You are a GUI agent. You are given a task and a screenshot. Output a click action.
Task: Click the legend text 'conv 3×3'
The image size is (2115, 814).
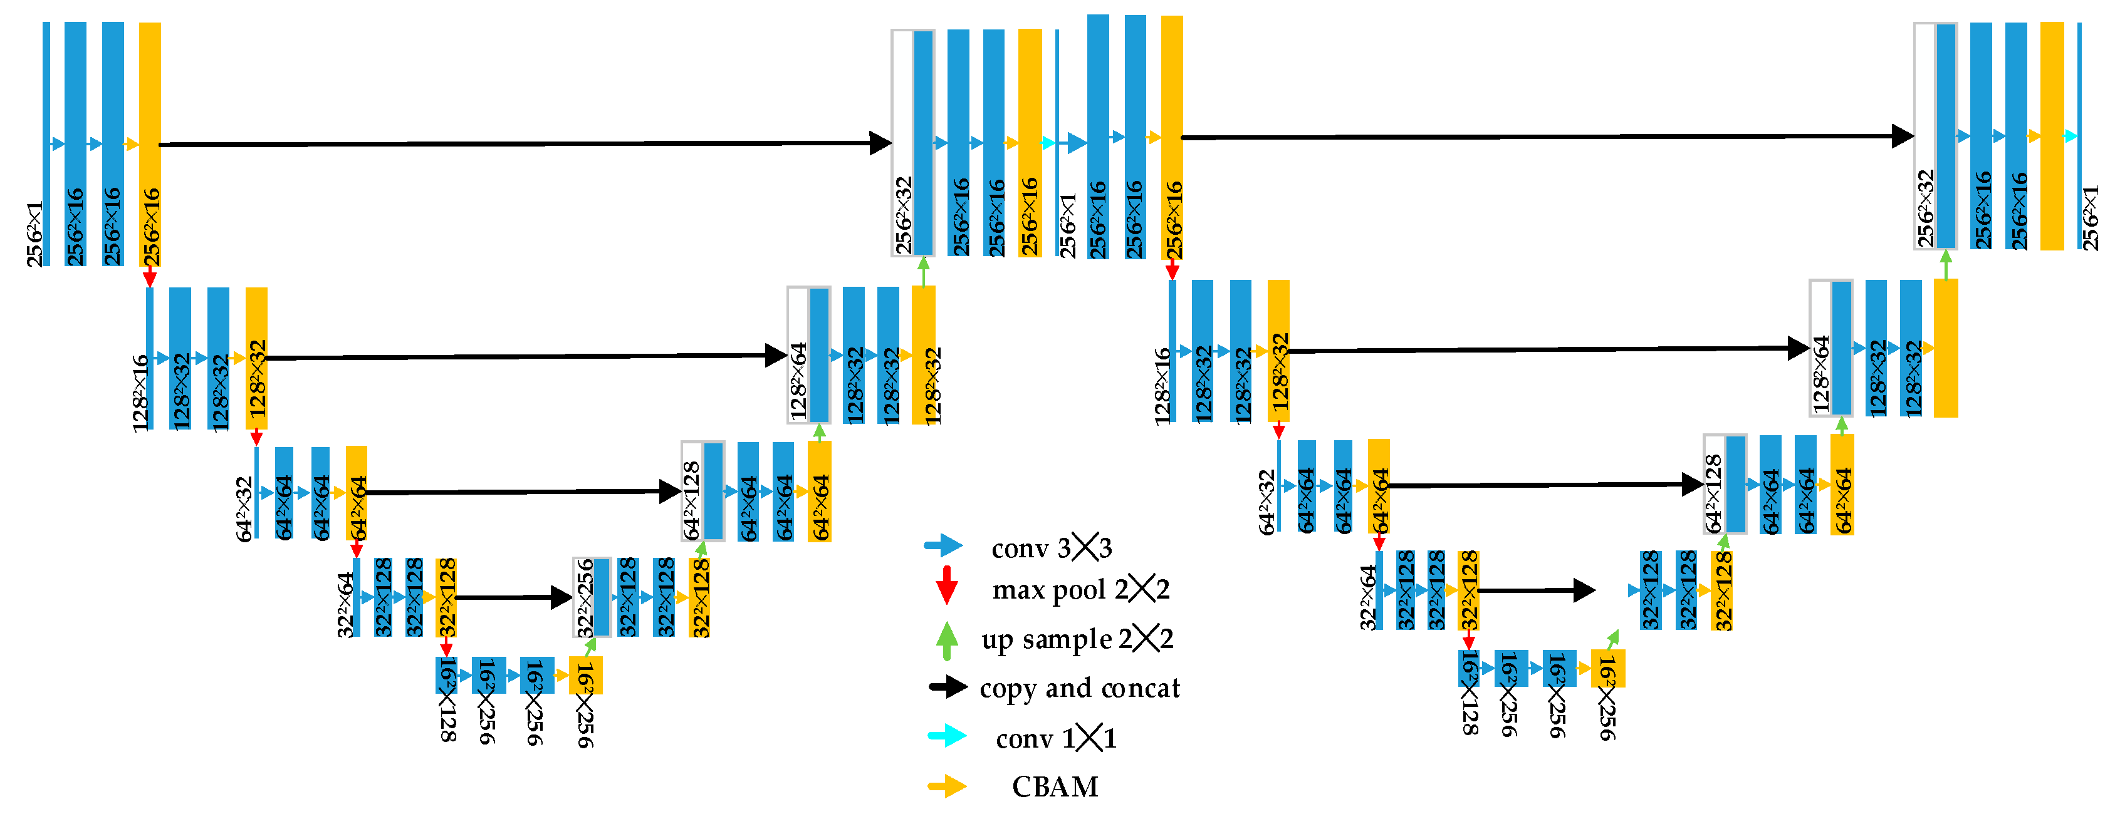[1050, 547]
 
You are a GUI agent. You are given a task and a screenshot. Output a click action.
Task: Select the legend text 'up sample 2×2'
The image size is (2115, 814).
[1077, 639]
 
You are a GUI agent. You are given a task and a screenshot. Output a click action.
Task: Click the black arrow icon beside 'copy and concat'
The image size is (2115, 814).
[948, 687]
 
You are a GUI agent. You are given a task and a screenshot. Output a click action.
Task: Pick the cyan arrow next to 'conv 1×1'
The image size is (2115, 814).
[947, 736]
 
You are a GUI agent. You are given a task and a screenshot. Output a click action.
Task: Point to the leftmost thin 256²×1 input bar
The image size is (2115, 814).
[47, 143]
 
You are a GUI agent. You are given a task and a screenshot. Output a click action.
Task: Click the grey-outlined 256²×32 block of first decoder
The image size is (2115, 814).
[913, 143]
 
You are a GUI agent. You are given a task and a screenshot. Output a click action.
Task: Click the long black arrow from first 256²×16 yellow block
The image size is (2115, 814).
[526, 143]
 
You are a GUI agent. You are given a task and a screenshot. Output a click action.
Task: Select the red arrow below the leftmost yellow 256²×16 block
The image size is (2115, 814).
[149, 277]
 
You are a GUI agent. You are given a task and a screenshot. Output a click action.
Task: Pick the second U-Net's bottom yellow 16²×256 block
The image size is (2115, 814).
[1607, 668]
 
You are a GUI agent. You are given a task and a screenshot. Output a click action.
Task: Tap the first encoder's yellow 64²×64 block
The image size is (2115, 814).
[357, 492]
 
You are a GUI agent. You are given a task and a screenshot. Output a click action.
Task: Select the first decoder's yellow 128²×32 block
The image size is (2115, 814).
[924, 354]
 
